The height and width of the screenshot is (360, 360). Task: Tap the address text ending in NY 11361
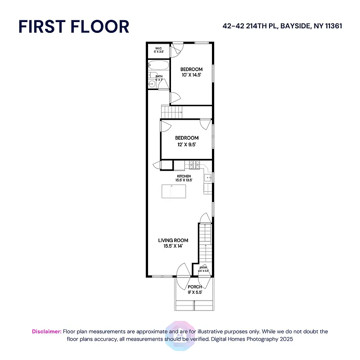282,26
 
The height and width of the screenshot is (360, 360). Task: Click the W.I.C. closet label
158,50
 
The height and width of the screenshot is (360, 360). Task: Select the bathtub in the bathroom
159,66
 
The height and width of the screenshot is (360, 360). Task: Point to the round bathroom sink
152,83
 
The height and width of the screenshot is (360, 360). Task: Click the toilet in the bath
151,75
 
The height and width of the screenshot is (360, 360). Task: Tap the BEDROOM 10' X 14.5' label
191,72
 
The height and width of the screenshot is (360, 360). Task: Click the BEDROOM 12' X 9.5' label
186,141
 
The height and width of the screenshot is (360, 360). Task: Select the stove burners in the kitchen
194,164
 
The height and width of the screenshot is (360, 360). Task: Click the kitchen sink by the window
208,178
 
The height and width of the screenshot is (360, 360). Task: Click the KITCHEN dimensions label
184,178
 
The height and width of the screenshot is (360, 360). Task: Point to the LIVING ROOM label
173,243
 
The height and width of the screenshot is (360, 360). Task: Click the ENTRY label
204,269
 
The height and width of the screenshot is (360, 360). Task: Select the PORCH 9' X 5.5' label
195,289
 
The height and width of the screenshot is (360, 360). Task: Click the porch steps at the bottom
194,306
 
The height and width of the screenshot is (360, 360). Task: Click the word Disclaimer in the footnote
46,332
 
